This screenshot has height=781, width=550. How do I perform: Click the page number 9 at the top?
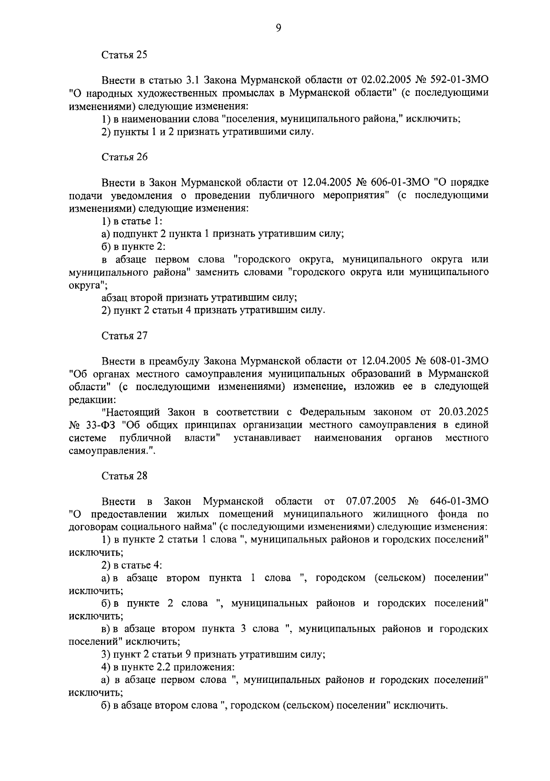(x=278, y=28)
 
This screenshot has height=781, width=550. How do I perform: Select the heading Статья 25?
(x=124, y=55)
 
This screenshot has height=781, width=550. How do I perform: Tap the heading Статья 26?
(x=124, y=157)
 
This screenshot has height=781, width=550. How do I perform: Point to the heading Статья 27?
(x=124, y=335)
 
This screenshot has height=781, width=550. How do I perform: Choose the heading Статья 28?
(x=124, y=475)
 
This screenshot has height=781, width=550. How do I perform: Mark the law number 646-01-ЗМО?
(x=459, y=501)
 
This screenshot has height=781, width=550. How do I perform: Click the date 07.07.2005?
(x=371, y=501)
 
